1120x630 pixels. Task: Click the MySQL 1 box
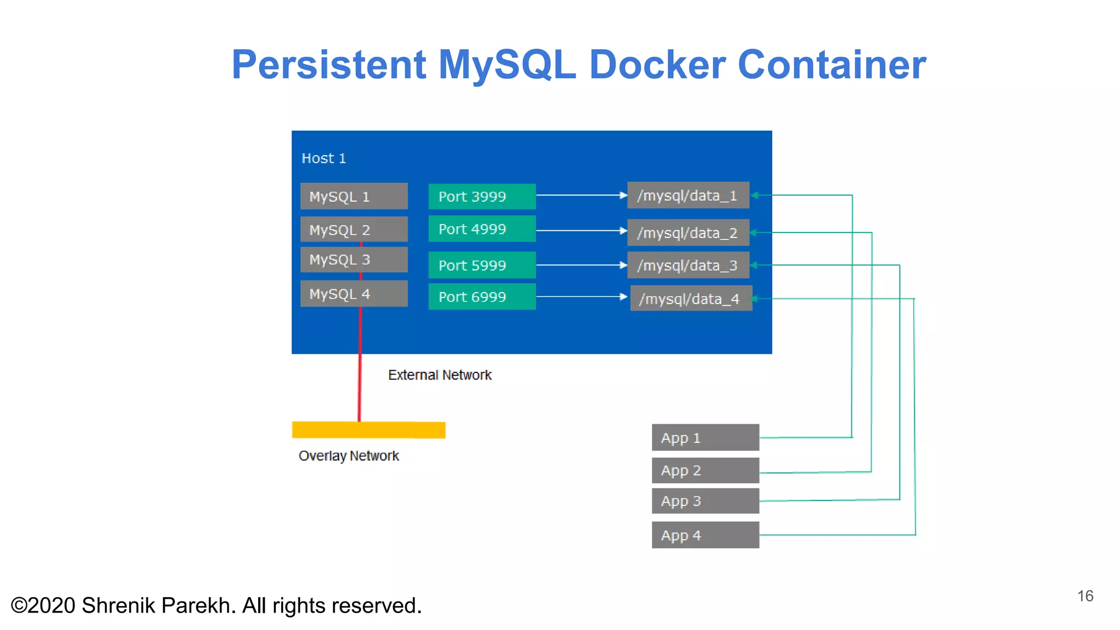354,196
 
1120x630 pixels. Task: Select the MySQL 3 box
354,260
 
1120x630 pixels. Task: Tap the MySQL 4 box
354,294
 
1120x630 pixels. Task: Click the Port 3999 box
482,196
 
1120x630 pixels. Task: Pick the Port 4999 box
482,229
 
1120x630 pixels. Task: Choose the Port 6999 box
482,297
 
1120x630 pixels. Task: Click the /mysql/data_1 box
688,195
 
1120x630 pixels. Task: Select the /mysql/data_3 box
688,266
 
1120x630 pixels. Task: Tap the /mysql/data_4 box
691,299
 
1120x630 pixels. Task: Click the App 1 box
705,437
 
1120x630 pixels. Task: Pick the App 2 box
705,470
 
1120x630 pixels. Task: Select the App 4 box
705,535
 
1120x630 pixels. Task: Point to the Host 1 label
324,159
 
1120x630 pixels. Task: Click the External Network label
440,375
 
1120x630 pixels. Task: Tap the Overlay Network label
349,456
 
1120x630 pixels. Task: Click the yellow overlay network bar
369,430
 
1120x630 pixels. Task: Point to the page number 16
1085,596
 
